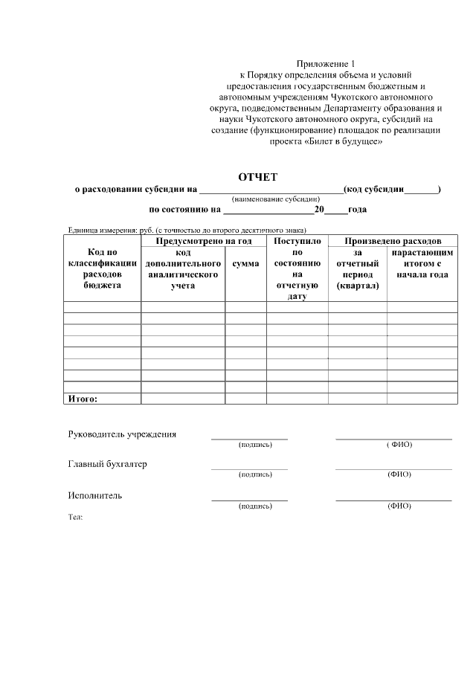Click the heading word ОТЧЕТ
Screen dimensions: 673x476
click(257, 177)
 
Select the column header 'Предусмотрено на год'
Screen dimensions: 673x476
click(203, 242)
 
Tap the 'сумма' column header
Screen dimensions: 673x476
click(245, 263)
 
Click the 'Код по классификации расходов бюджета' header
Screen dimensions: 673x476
click(102, 268)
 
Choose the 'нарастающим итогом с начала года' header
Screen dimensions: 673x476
click(422, 263)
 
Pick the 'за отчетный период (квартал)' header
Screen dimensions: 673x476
click(357, 268)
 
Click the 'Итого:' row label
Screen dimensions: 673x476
click(83, 399)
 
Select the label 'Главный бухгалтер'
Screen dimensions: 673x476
click(108, 464)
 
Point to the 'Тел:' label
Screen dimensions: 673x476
click(75, 516)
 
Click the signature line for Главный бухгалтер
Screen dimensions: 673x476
click(249, 468)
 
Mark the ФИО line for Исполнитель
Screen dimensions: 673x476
click(393, 500)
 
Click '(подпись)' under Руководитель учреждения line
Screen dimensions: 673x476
click(255, 445)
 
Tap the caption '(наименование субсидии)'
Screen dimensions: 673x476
click(276, 199)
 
